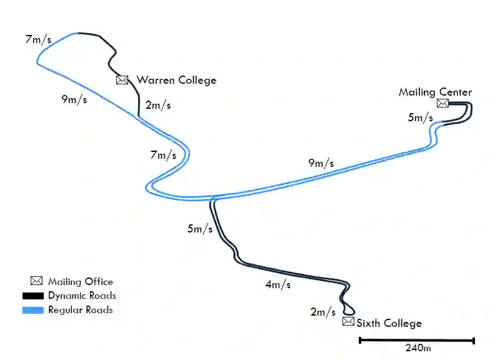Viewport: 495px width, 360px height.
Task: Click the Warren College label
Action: [176, 80]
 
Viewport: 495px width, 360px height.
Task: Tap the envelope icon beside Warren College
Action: [122, 80]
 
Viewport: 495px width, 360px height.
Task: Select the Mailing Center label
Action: [435, 92]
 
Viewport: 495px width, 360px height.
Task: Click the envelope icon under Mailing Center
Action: [442, 103]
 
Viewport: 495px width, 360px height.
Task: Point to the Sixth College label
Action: [389, 323]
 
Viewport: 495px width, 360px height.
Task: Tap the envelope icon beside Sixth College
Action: [348, 322]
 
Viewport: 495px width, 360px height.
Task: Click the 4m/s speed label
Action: [277, 285]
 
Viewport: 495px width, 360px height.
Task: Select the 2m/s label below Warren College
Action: [157, 105]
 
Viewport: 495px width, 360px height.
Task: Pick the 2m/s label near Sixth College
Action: [322, 312]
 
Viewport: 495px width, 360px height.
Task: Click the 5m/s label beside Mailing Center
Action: [420, 117]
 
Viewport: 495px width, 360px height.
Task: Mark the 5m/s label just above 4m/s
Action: [199, 229]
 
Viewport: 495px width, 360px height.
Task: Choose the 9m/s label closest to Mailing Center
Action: [321, 164]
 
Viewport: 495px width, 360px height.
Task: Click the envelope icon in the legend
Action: [36, 281]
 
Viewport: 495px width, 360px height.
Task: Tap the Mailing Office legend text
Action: [80, 282]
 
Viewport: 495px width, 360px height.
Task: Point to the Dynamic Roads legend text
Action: [82, 296]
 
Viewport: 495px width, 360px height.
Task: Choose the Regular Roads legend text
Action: [80, 310]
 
